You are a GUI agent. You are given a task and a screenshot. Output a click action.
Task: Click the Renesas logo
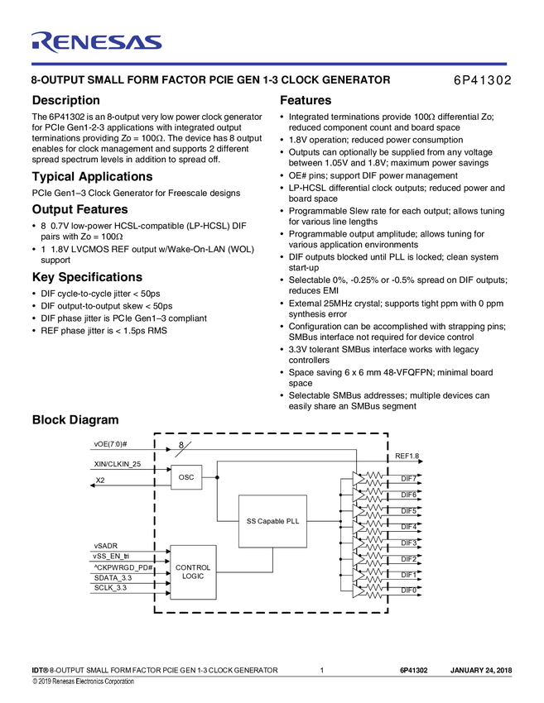coord(96,42)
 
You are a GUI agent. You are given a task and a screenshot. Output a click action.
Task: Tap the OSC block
coord(186,477)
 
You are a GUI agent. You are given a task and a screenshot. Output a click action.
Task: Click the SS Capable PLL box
coord(272,521)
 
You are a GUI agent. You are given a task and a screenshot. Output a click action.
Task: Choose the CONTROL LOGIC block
coord(193,572)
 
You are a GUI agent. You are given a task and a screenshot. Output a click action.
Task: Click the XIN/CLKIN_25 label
coord(118,465)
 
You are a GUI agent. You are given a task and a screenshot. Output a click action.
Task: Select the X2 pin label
coord(100,481)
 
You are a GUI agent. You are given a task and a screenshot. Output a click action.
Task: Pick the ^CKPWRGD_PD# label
coord(124,567)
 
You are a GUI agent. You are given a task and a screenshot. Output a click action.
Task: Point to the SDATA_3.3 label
coord(113,578)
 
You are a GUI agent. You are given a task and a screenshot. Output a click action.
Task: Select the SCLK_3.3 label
coord(112,589)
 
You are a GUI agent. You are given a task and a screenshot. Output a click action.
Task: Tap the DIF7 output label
coord(409,479)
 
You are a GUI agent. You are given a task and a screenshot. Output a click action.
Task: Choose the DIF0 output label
coord(409,591)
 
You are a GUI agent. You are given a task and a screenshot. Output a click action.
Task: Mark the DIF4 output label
coord(409,527)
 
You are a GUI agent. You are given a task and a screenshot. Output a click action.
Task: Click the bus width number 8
coord(180,445)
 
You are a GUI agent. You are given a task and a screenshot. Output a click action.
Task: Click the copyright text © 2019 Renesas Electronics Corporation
coord(83,681)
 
